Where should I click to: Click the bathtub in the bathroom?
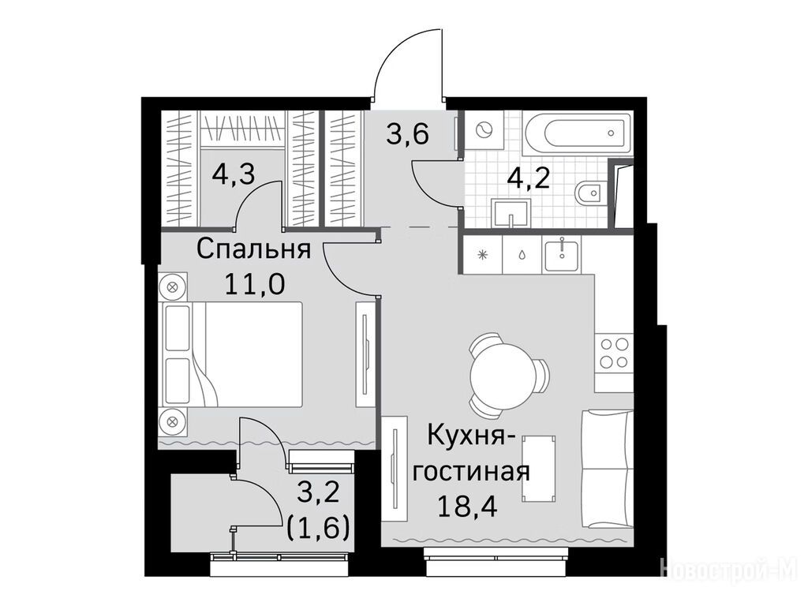(578, 133)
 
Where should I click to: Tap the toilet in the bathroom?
(590, 194)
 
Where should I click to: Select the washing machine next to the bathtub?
(484, 130)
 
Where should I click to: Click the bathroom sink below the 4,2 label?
(511, 215)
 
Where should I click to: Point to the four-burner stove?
(614, 353)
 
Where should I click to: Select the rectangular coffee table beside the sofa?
(539, 467)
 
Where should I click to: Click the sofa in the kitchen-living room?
(608, 469)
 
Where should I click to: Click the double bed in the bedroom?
(232, 355)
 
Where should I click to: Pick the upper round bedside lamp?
(173, 287)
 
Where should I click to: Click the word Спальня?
(253, 250)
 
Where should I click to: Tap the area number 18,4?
(467, 507)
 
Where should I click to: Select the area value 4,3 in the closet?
(234, 174)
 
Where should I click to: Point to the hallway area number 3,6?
(408, 135)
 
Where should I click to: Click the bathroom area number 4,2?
(528, 178)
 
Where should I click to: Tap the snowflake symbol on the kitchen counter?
(483, 255)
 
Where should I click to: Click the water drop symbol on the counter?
(522, 255)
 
